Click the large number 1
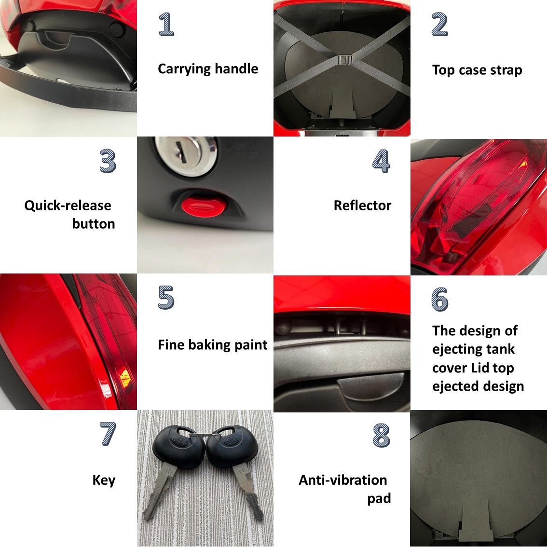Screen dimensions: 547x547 (x=166, y=24)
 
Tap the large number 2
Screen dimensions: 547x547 (x=439, y=24)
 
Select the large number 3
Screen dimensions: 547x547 (x=108, y=161)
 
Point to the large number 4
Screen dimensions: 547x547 (x=381, y=161)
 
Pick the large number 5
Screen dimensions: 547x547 (x=166, y=297)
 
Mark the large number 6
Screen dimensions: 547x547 (x=439, y=300)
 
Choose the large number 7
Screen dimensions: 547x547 (x=108, y=434)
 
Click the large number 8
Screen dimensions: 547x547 (x=381, y=436)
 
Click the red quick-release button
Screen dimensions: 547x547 (x=204, y=206)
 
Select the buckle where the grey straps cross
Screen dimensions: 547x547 (x=344, y=60)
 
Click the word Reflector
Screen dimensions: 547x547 (x=362, y=205)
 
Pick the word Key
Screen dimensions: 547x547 (x=104, y=481)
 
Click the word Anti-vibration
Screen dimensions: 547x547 (x=343, y=480)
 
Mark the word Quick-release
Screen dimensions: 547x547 (x=68, y=206)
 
